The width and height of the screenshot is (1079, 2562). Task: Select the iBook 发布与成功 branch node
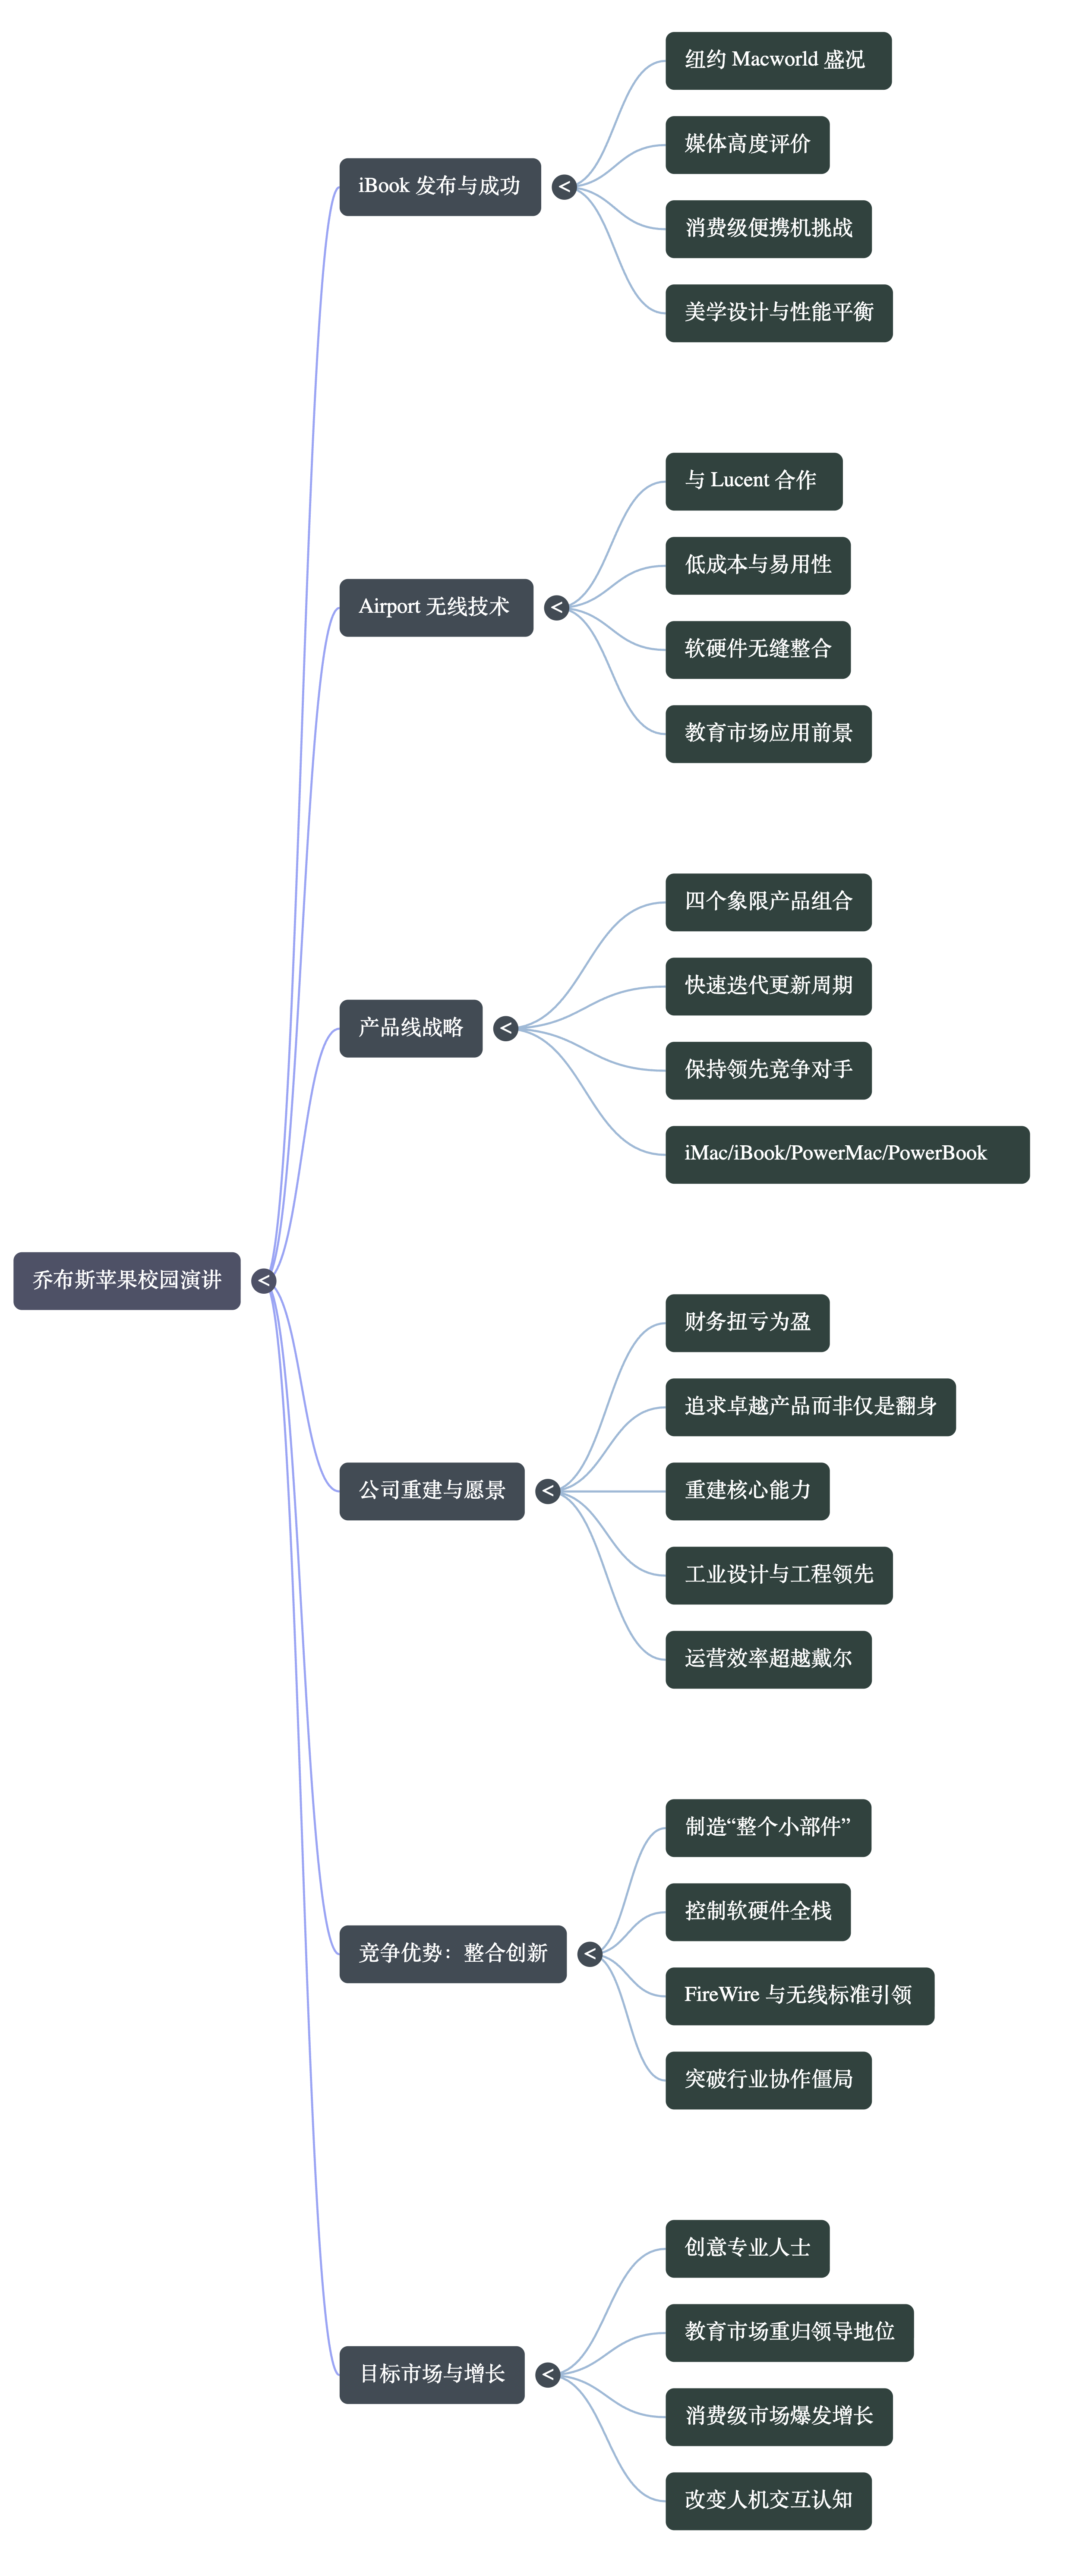click(x=439, y=186)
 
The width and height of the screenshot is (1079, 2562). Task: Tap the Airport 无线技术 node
click(x=435, y=607)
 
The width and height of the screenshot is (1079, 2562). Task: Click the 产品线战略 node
click(x=411, y=1027)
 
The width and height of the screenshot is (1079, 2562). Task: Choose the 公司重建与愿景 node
click(x=432, y=1490)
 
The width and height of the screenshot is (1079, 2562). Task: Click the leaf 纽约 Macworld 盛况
click(x=778, y=60)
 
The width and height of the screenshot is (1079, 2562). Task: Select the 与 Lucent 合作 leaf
click(x=753, y=480)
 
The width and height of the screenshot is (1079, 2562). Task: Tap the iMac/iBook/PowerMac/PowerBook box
click(x=846, y=1153)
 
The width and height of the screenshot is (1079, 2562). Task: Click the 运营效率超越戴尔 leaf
click(x=768, y=1659)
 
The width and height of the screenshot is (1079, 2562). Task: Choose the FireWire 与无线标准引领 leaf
click(x=798, y=1995)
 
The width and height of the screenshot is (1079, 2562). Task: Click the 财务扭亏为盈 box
click(x=747, y=1322)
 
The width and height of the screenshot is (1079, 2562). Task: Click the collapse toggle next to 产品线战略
click(x=505, y=1027)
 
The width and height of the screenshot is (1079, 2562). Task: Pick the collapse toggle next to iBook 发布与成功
click(x=564, y=186)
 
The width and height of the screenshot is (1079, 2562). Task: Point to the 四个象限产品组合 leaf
click(x=768, y=901)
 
